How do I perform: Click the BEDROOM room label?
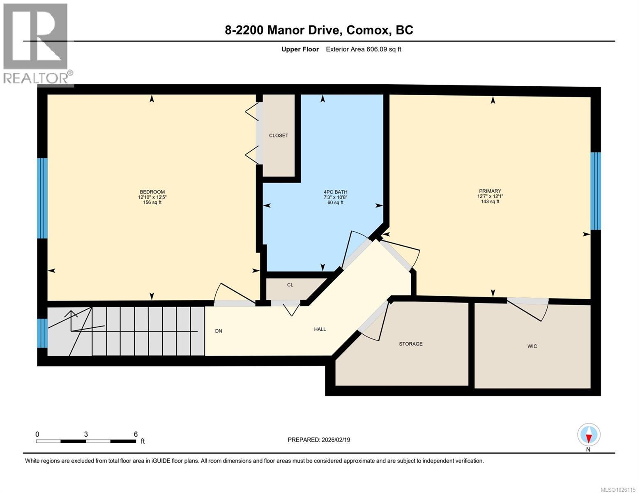pos(152,192)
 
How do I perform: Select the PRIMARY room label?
pos(490,191)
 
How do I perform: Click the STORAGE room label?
pos(410,344)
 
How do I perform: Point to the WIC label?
pos(532,346)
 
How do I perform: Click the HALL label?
pos(320,329)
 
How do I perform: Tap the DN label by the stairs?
pos(219,331)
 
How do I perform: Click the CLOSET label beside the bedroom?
pos(279,136)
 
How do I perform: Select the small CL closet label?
pos(290,285)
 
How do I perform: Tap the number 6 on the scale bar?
pos(136,434)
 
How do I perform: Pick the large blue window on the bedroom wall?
pos(42,198)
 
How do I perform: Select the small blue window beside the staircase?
pos(42,333)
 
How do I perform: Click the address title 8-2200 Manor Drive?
pos(319,30)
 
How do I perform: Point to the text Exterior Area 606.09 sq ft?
pos(363,49)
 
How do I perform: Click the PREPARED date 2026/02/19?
pos(319,440)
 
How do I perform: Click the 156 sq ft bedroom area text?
pos(152,202)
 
